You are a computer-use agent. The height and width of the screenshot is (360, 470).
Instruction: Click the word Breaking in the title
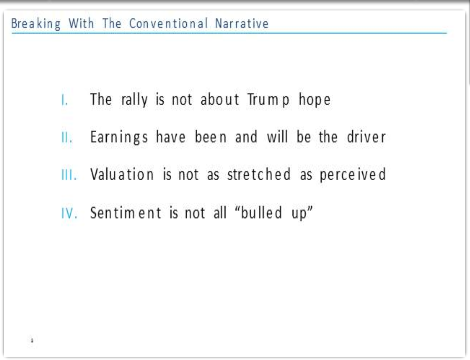[x=36, y=24]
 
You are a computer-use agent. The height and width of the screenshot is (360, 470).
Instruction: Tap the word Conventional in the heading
[x=169, y=23]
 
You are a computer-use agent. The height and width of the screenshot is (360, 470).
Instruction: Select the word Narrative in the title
[x=242, y=23]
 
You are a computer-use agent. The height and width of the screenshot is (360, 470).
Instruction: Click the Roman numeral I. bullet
[x=65, y=100]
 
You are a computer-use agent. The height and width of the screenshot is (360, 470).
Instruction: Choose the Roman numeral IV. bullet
[x=69, y=213]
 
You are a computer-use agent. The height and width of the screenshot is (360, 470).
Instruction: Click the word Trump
[x=268, y=100]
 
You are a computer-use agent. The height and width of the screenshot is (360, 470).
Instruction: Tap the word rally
[x=134, y=100]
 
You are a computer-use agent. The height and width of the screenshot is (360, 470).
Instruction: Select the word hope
[x=315, y=100]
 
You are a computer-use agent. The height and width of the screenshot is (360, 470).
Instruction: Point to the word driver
[x=366, y=137]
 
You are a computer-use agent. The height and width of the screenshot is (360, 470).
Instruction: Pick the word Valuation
[x=122, y=174]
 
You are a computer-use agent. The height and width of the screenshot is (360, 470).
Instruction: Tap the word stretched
[x=259, y=174]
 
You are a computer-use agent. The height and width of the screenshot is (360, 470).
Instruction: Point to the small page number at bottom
[x=32, y=340]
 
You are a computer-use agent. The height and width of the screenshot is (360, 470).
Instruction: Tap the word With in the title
[x=81, y=23]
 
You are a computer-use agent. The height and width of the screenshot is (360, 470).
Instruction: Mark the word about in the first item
[x=220, y=100]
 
